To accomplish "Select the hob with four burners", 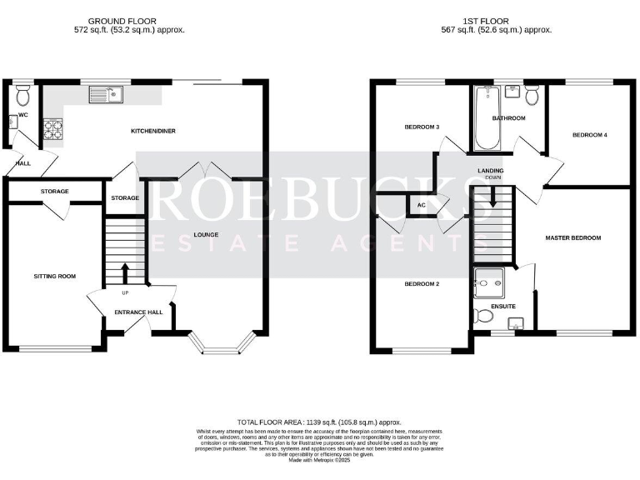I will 53,129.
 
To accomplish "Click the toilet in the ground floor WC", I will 22,91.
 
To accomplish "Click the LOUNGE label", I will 206,235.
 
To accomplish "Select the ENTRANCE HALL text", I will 138,312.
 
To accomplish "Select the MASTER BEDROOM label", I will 572,237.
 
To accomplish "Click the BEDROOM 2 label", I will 422,283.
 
